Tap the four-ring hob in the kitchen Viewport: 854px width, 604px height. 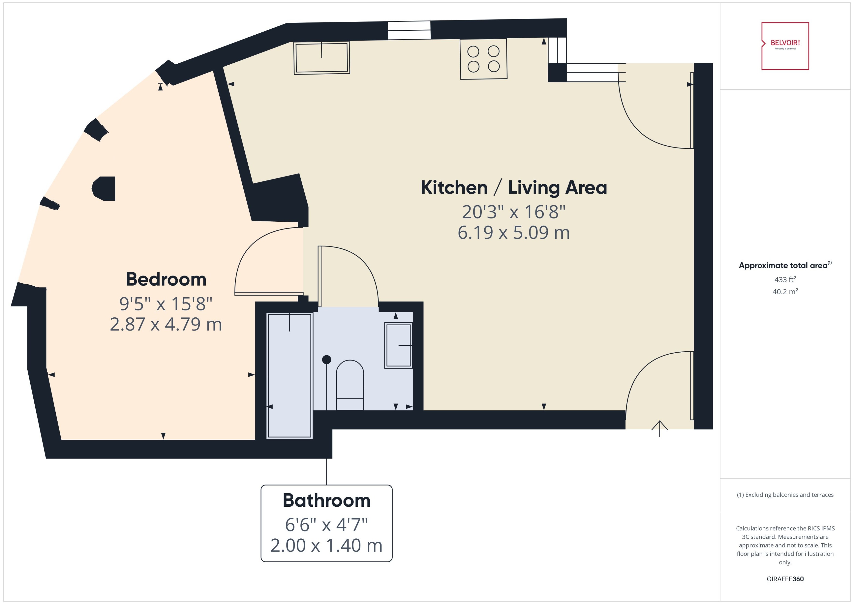point(483,59)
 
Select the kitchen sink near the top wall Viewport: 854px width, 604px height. point(322,58)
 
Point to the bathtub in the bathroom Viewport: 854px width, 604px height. point(289,376)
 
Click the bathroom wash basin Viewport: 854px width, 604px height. point(398,345)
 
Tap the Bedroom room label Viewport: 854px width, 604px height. point(166,279)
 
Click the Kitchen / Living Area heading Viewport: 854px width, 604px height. point(514,188)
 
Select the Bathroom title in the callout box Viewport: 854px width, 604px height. point(326,501)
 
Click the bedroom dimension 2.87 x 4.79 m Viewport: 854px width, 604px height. point(166,324)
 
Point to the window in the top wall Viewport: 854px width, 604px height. point(409,30)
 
